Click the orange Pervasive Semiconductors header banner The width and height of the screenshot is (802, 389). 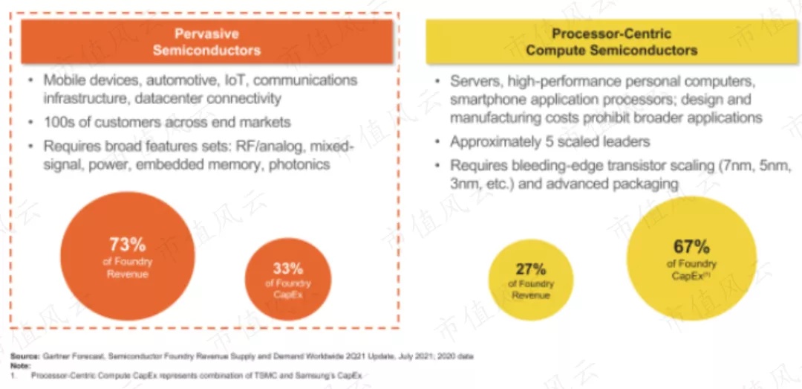click(206, 42)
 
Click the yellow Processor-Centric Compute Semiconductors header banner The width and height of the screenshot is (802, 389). click(610, 42)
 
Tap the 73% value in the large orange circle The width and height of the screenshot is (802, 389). click(127, 243)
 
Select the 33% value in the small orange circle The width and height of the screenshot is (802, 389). click(287, 269)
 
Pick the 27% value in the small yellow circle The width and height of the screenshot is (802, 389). click(530, 269)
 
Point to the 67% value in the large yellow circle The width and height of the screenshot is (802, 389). click(691, 247)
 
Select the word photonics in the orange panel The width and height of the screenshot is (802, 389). click(299, 164)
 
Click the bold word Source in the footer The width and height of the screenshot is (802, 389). click(24, 357)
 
